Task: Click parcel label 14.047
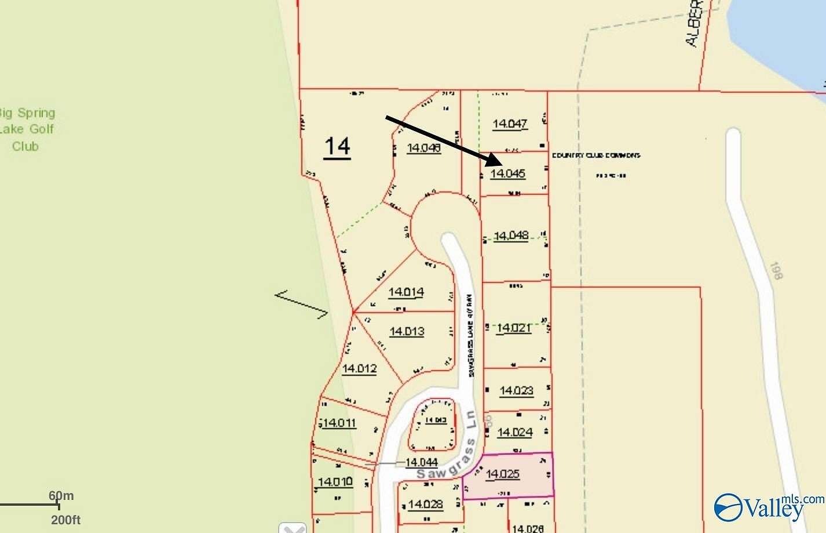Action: pos(510,124)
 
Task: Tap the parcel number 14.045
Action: pos(507,173)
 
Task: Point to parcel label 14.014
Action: pos(406,292)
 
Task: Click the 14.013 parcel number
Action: pos(407,331)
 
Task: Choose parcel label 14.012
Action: pos(359,368)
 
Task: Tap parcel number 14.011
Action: pos(339,423)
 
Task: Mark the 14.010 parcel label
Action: pos(335,481)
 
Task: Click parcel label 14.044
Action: pos(421,462)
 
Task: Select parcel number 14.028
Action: pos(425,504)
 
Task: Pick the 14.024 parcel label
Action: pos(514,432)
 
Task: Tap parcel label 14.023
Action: pos(516,390)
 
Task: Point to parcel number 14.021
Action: pos(514,328)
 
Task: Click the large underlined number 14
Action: pos(337,146)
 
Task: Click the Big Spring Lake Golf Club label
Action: pos(27,129)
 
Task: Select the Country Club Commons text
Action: pos(596,155)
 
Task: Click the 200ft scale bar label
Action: pos(65,520)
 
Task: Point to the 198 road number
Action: pos(775,271)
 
